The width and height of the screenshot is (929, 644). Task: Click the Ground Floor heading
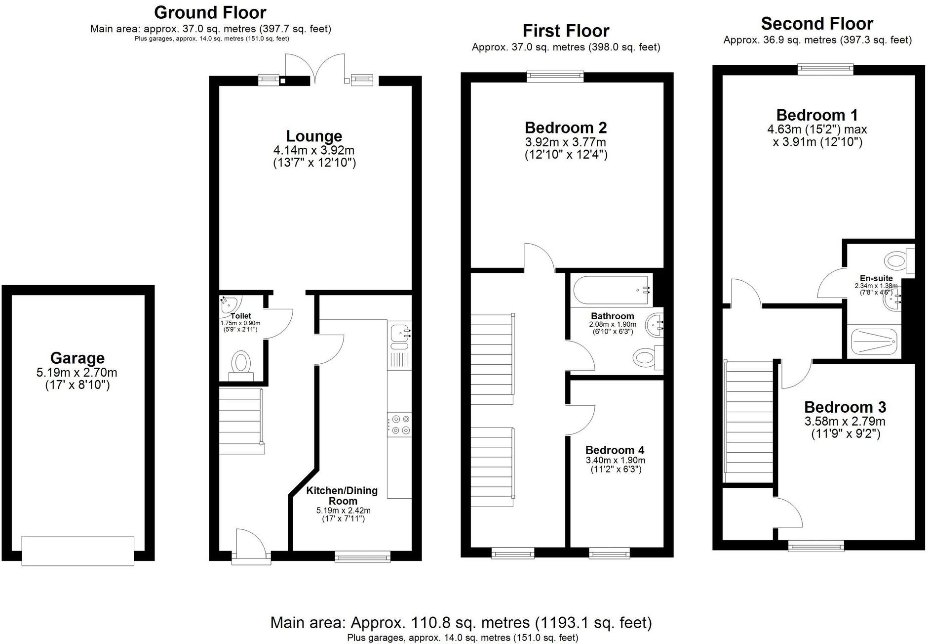coord(210,12)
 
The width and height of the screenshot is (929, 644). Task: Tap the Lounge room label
coord(314,136)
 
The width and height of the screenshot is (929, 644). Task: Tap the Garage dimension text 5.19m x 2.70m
coord(77,372)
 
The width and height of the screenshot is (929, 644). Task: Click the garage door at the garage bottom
coord(78,550)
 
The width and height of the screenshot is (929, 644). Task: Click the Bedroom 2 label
coord(566,128)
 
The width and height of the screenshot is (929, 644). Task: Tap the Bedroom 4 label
coord(615,450)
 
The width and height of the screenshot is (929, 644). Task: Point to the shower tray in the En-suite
coord(873,342)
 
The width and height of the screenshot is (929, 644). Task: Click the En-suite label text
coord(876,278)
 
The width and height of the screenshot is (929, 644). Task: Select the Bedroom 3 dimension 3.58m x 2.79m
coord(845,421)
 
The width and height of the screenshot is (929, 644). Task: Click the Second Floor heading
coord(817,24)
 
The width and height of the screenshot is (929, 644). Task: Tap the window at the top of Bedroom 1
coord(825,69)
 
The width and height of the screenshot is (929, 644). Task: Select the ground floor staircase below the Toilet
coord(240,420)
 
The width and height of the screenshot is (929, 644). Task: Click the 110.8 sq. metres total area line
coord(461,622)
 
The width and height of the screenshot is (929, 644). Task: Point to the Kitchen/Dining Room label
coord(342,495)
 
